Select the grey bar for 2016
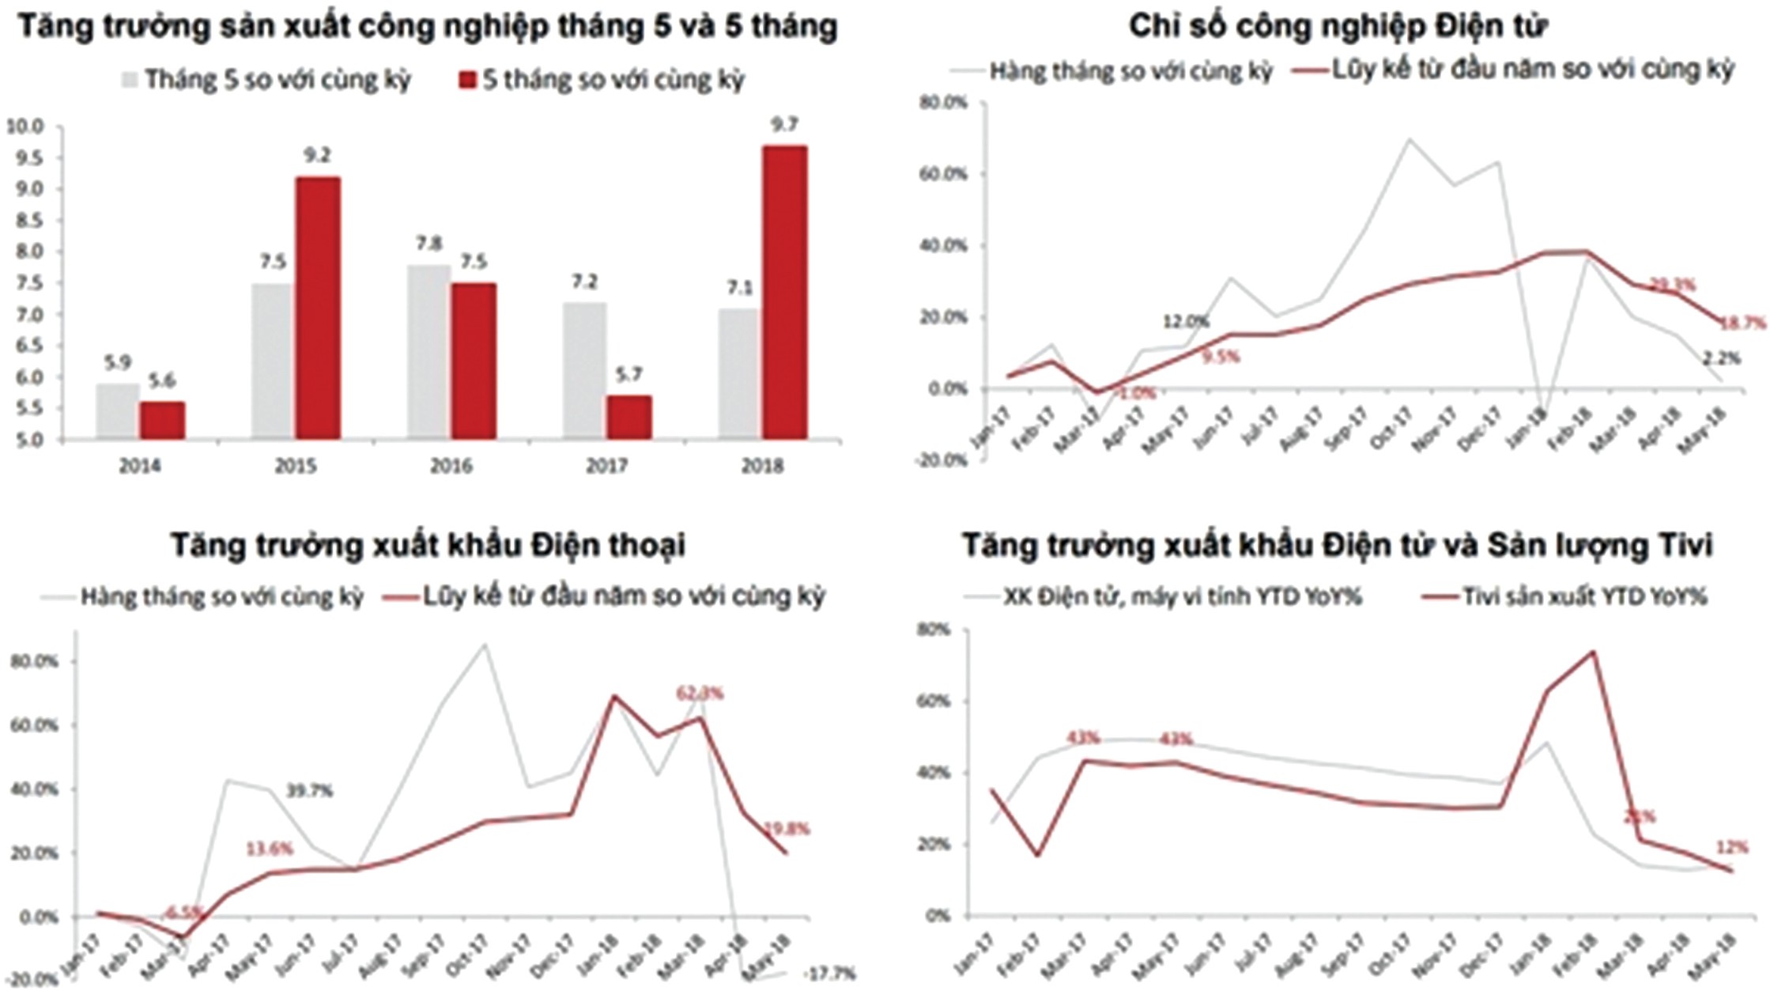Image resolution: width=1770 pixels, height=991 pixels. pyautogui.click(x=429, y=352)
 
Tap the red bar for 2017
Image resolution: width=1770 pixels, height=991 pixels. pyautogui.click(x=629, y=417)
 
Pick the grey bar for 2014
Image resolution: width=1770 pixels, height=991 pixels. pyautogui.click(x=118, y=411)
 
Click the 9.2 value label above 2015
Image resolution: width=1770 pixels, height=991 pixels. pyautogui.click(x=317, y=156)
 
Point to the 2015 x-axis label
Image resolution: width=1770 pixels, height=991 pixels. pyautogui.click(x=295, y=466)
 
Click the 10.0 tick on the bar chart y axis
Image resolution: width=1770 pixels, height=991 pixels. pyautogui.click(x=28, y=126)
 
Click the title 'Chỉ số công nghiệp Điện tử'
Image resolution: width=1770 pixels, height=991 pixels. pyautogui.click(x=1338, y=26)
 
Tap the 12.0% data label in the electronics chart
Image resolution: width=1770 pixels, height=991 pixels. pyautogui.click(x=1186, y=322)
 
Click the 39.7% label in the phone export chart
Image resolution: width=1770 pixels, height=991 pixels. pyautogui.click(x=309, y=790)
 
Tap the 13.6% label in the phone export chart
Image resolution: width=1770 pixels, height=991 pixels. pyautogui.click(x=269, y=849)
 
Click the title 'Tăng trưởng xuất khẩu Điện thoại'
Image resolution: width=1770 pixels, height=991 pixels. pyautogui.click(x=428, y=545)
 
